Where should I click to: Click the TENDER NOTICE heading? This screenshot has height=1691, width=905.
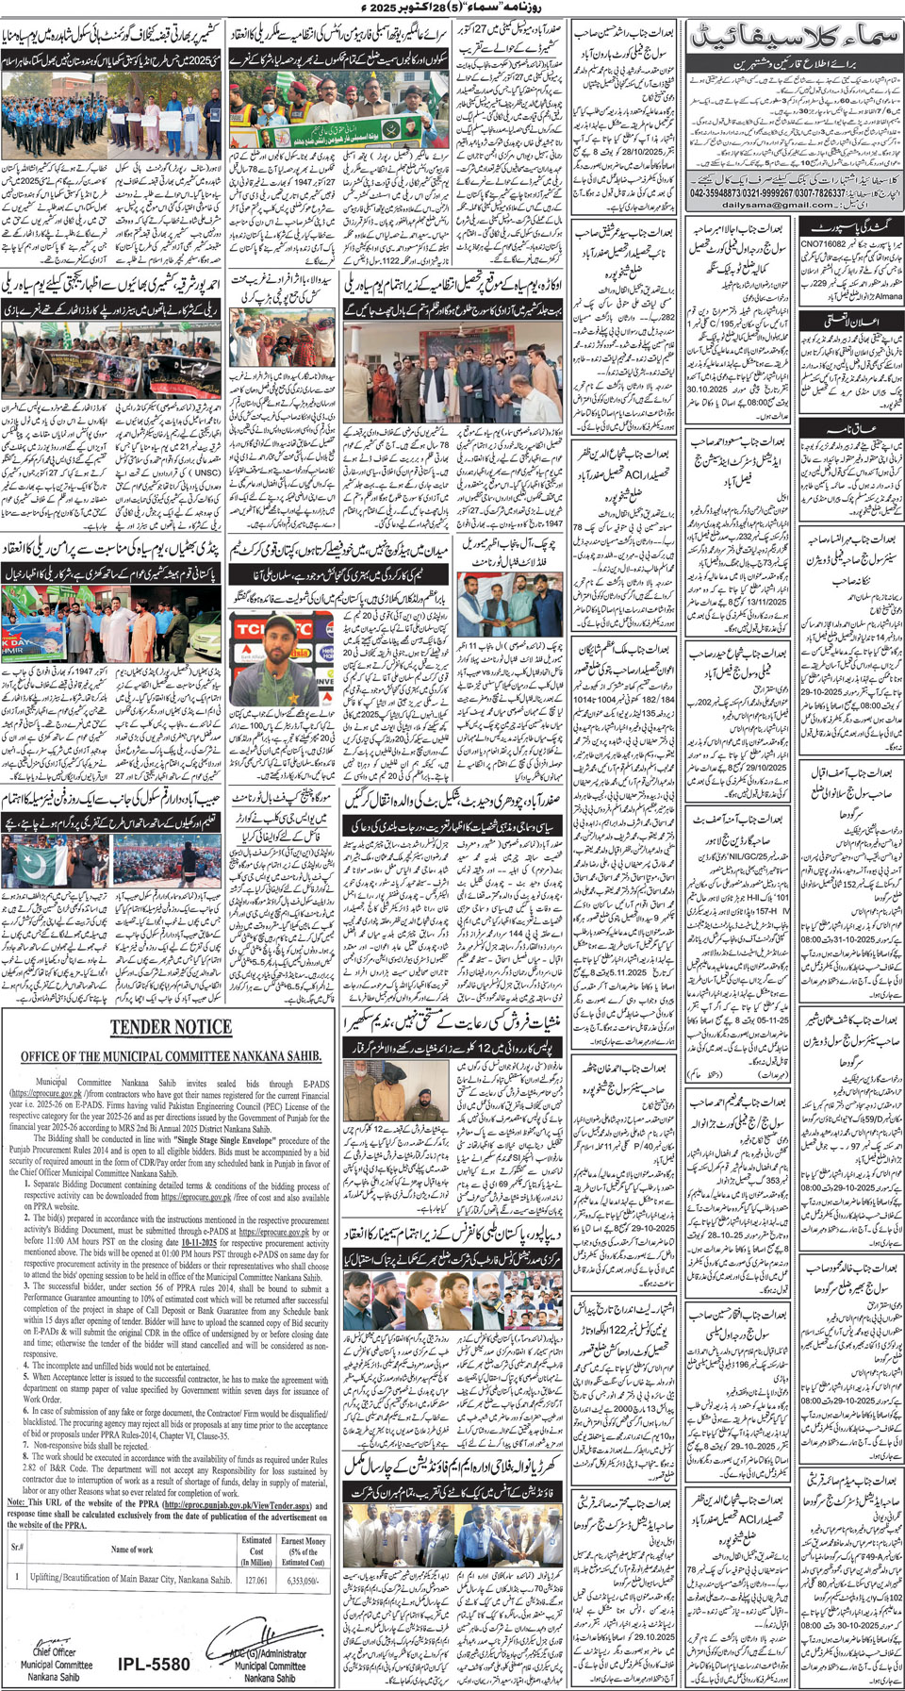170,1027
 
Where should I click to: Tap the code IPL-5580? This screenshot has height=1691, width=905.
154,1665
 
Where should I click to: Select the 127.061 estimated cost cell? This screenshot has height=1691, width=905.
256,1580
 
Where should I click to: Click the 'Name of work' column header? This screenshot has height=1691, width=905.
131,1550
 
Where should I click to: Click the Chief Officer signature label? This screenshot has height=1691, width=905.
54,1652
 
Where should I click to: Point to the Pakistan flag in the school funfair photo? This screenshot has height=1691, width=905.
39,867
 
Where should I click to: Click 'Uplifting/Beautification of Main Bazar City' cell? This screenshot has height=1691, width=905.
131,1580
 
